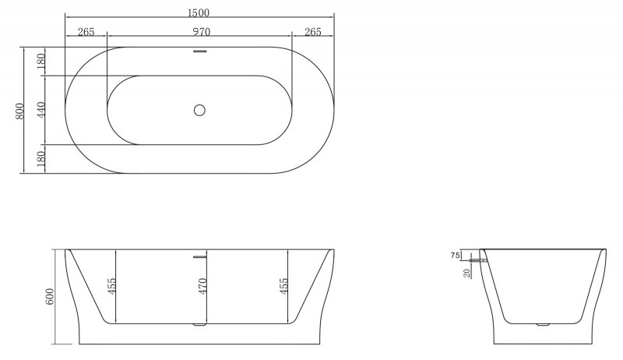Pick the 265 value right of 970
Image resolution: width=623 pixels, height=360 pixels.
click(x=313, y=32)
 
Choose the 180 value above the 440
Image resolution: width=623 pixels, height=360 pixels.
click(x=40, y=61)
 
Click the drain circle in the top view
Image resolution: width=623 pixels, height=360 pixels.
click(x=199, y=110)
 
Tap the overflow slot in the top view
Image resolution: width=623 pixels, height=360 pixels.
click(x=199, y=52)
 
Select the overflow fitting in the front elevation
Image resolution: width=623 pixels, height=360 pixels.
click(x=199, y=255)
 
